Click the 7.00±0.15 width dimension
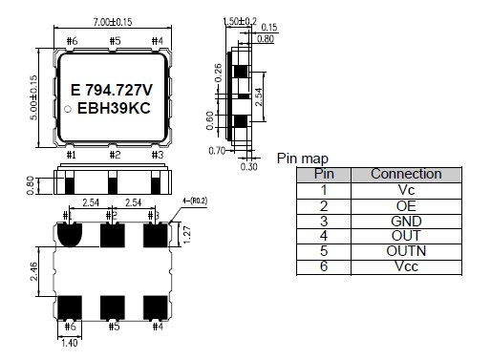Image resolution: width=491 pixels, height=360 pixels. click(x=113, y=22)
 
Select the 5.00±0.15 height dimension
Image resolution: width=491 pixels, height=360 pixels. click(x=33, y=97)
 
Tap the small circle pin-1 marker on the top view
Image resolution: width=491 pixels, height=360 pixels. click(x=68, y=109)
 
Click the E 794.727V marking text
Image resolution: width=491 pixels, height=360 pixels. click(x=112, y=90)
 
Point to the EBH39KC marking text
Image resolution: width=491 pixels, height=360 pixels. click(x=114, y=108)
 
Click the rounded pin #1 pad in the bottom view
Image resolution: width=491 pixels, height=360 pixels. click(x=70, y=234)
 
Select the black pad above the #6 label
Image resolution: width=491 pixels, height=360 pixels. click(x=70, y=307)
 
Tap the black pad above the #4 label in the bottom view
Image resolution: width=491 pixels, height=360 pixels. click(x=156, y=307)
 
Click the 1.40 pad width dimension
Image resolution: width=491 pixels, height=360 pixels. click(x=69, y=343)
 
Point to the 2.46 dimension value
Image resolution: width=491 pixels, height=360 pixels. click(x=33, y=271)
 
